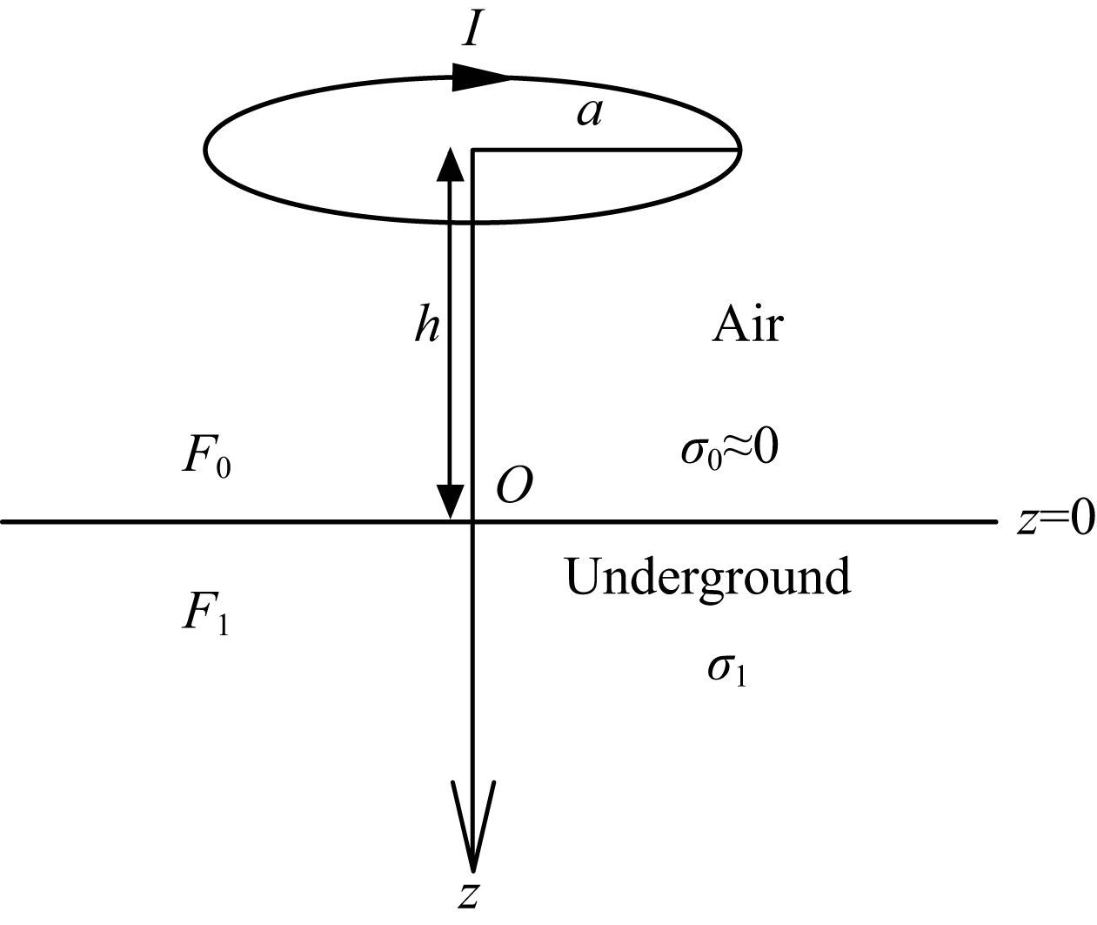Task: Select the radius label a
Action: pyautogui.click(x=589, y=114)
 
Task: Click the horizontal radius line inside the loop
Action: pyautogui.click(x=606, y=151)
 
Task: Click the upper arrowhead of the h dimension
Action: pyautogui.click(x=451, y=164)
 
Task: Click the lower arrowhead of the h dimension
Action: pyautogui.click(x=451, y=503)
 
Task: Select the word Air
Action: pyautogui.click(x=747, y=325)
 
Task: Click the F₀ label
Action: pyautogui.click(x=206, y=459)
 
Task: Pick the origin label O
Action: pyautogui.click(x=514, y=486)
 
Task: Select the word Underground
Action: pyautogui.click(x=707, y=576)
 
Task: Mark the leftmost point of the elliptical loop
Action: pyautogui.click(x=204, y=151)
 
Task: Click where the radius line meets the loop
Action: pyautogui.click(x=739, y=151)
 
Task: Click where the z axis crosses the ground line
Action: pyautogui.click(x=473, y=521)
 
